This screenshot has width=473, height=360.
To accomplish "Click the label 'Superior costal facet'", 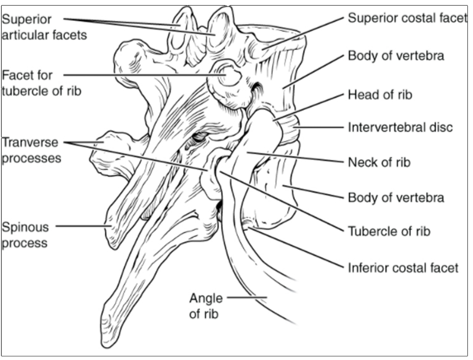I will (407, 18).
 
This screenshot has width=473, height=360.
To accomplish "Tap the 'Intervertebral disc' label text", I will (400, 127).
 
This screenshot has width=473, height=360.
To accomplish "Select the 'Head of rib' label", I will (380, 94).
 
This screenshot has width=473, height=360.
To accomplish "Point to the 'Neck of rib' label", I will (379, 162).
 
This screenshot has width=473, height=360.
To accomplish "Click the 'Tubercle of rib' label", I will (389, 231).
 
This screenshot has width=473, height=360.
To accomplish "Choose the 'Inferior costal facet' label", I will (403, 267).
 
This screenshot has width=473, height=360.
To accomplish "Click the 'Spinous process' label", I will (25, 234).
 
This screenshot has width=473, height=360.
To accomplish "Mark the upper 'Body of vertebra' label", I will (396, 55).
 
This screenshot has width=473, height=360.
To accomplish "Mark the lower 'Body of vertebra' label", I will (396, 197).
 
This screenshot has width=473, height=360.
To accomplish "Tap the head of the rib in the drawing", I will (265, 126).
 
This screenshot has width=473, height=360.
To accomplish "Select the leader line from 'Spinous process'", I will (83, 226).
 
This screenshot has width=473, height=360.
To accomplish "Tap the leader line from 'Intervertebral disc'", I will (319, 127).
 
